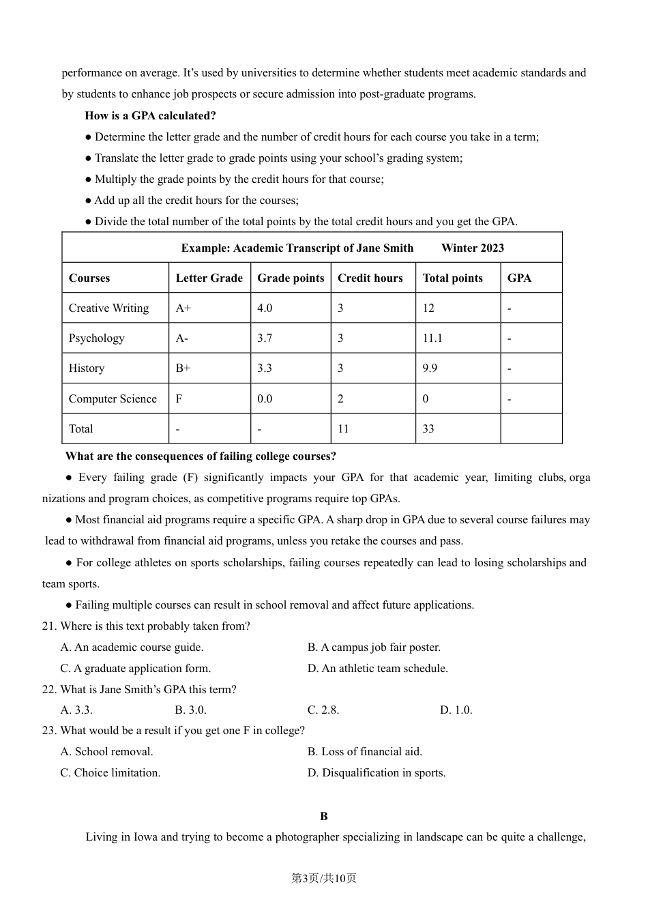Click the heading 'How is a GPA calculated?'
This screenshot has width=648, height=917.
pos(150,115)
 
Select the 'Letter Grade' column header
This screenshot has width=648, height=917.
pos(209,278)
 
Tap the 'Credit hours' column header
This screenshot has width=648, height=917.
pos(370,278)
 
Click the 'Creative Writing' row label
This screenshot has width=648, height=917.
pos(108,308)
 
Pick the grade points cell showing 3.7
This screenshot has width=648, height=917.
pos(265,338)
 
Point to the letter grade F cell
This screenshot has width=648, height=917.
pos(179,398)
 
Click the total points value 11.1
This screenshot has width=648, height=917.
pos(432,338)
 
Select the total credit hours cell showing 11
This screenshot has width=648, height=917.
pos(343,428)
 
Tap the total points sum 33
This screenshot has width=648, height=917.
pos(428,428)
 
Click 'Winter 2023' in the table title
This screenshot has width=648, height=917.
pos(473,248)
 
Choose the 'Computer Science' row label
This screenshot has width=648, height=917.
pos(113,398)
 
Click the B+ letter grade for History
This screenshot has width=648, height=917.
pos(183,368)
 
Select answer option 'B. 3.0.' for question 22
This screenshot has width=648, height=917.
pos(190,710)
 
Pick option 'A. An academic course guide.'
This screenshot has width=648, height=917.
pos(132,647)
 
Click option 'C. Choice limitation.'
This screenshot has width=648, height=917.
pos(111,772)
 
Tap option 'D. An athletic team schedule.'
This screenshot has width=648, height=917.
pos(378,668)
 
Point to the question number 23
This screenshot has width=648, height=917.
pos(48,730)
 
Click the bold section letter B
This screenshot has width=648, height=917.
pos(324,816)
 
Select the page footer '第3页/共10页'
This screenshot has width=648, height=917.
pos(324,878)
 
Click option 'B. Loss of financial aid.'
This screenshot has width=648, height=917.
pos(365,751)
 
